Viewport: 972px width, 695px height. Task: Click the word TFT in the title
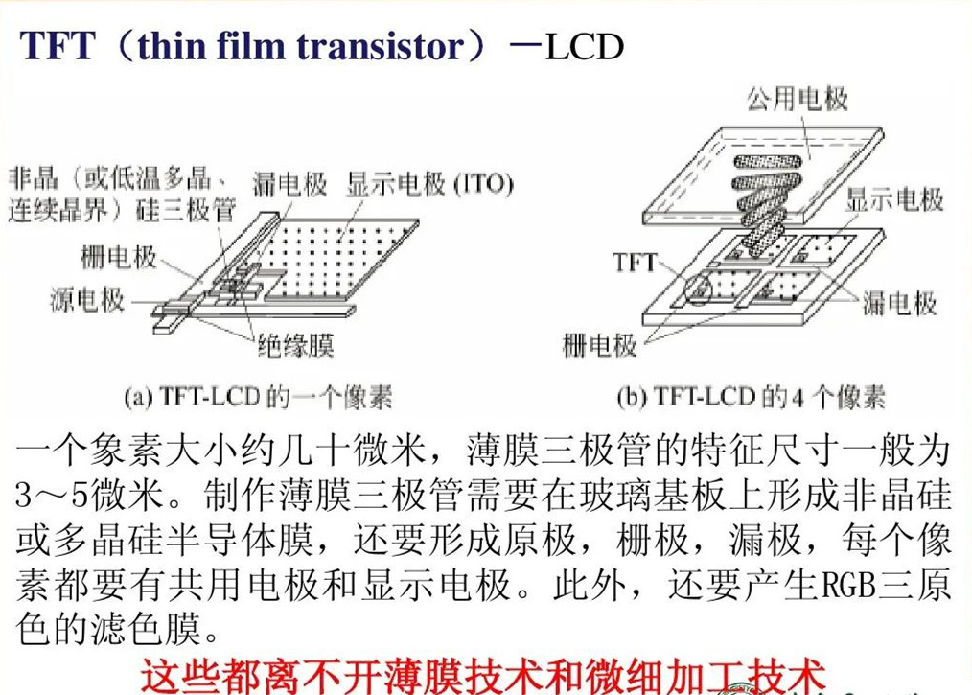(58, 46)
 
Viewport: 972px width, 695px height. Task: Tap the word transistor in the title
(380, 46)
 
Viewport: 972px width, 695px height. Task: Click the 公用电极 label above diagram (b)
(798, 98)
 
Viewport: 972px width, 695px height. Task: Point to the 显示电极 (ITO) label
(429, 184)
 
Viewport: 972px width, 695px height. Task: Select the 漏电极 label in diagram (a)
(289, 184)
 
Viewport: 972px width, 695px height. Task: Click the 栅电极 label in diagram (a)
(119, 257)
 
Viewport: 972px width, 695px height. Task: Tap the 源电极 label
(87, 299)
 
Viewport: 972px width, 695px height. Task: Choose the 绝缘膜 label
(295, 345)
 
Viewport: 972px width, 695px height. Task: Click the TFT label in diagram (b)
(635, 263)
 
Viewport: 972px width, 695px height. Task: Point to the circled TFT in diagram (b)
(699, 290)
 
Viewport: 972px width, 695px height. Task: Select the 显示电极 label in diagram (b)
(894, 199)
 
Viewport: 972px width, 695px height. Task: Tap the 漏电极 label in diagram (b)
(899, 303)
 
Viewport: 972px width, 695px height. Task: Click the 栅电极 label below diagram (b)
(599, 345)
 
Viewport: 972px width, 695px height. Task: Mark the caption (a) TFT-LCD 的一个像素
(258, 397)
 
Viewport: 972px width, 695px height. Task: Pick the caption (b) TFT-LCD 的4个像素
(751, 397)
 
